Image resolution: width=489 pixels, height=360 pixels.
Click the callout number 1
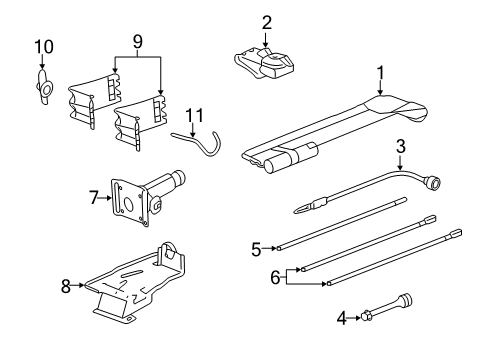click(x=380, y=72)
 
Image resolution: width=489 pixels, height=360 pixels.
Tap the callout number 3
click(x=400, y=147)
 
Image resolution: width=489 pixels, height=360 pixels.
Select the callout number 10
click(x=41, y=46)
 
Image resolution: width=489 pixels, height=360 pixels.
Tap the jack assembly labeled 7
click(x=140, y=195)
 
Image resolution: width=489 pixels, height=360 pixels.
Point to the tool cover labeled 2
click(x=266, y=62)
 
